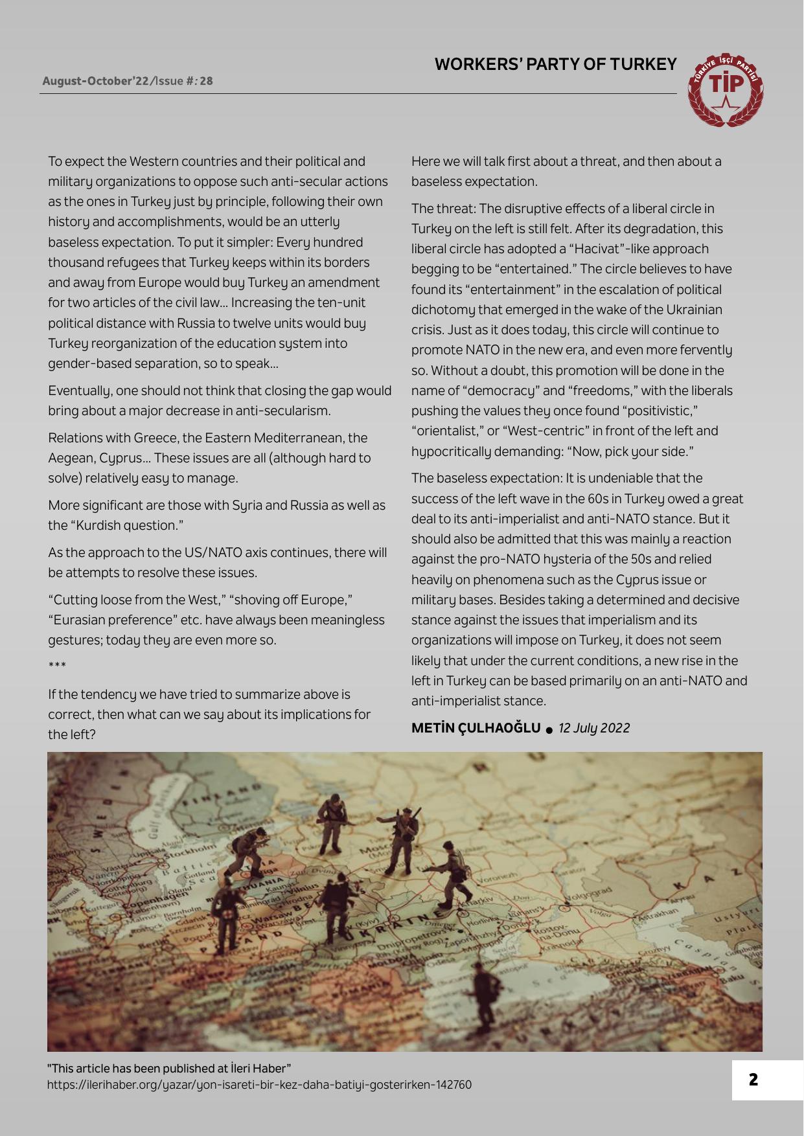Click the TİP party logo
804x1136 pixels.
coord(728,89)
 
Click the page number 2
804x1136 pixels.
coord(753,1080)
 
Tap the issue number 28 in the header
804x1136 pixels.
coord(206,81)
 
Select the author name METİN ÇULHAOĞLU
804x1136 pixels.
coord(476,727)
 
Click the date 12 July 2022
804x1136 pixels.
coord(593,728)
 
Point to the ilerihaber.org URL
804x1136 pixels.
coord(259,1084)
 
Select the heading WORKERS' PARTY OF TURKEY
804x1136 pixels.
coord(555,64)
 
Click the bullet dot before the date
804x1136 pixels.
coord(549,730)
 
